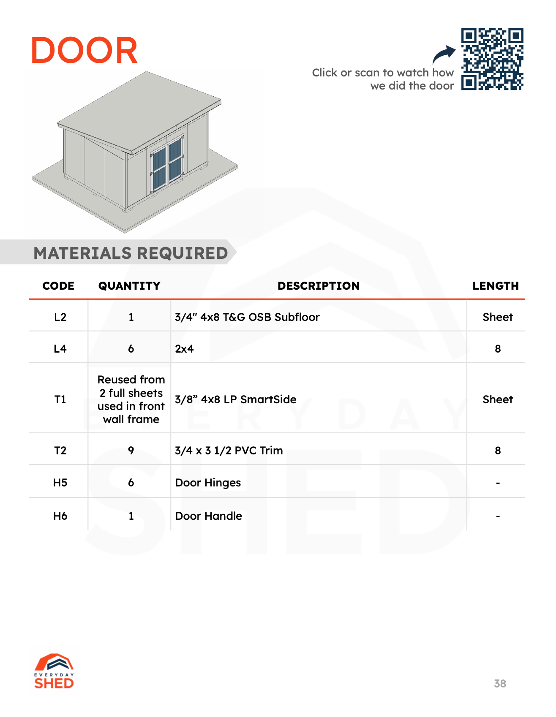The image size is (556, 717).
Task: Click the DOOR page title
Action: pos(84,51)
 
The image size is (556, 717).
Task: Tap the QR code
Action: pos(492,59)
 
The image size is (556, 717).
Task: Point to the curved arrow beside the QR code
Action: pos(444,55)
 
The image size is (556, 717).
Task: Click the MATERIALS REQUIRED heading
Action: pos(131,253)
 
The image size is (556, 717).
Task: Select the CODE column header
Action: pos(58,286)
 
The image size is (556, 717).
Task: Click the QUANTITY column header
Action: pos(129,286)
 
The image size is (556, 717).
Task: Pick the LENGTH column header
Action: pos(495,286)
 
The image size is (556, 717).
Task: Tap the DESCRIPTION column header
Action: pos(318,286)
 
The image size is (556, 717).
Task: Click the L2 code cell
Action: pos(60,317)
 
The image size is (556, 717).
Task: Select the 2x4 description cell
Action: pos(184,349)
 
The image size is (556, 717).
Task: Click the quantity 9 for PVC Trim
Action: pos(131,451)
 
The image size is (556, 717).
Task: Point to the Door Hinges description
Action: pos(208,483)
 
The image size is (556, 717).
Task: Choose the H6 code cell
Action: pos(60,516)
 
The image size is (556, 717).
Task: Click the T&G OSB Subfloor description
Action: pos(247,317)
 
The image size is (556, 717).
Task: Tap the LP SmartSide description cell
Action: pos(235,399)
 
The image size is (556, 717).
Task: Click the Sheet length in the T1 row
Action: pos(497,399)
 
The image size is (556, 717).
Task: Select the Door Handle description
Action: pos(208,516)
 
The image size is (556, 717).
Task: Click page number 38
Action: pos(500,684)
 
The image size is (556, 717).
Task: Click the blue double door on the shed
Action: pos(167,165)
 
